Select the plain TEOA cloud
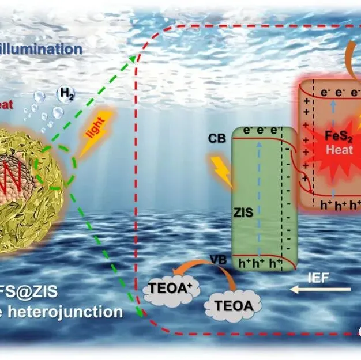click(x=234, y=305)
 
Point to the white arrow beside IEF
click(x=320, y=290)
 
